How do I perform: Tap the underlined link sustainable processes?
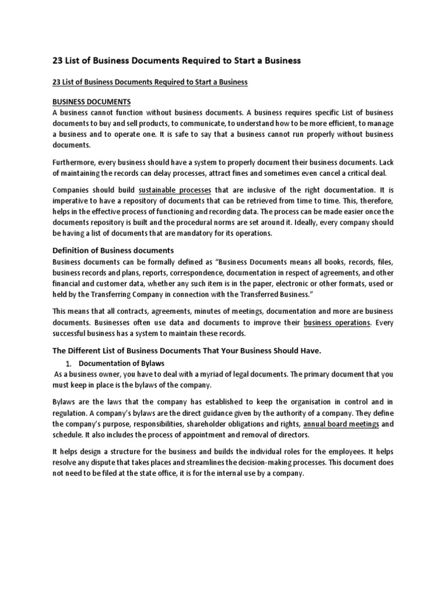175,190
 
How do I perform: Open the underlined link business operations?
336,322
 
